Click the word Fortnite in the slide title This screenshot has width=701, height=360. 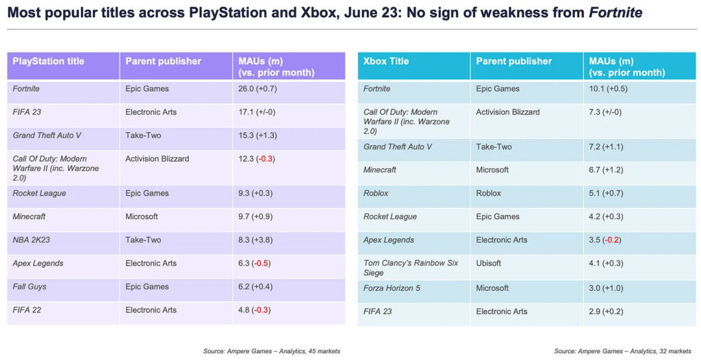click(615, 13)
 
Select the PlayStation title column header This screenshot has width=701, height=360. click(48, 62)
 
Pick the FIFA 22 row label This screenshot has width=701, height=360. click(28, 310)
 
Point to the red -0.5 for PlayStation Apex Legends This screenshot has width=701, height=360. click(262, 263)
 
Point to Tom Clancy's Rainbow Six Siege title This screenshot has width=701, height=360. click(411, 268)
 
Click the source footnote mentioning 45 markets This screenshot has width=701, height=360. click(271, 351)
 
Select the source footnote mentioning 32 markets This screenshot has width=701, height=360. click(622, 351)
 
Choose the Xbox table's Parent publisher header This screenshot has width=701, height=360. click(513, 62)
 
